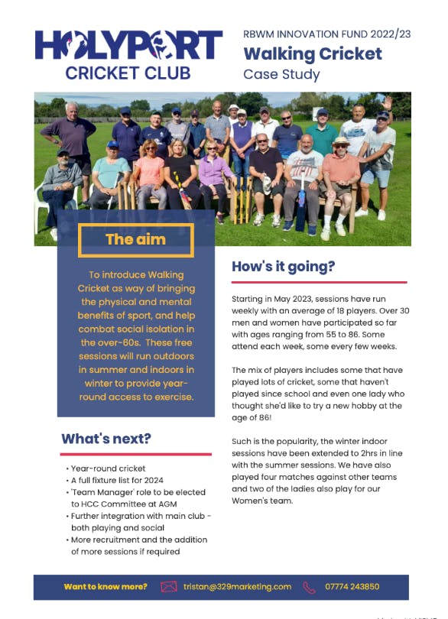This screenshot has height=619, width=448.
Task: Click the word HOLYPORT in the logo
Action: click(x=128, y=45)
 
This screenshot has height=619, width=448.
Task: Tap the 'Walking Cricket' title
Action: click(x=312, y=54)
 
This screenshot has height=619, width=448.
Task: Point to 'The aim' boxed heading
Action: click(x=135, y=239)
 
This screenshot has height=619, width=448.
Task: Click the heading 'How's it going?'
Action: click(x=283, y=267)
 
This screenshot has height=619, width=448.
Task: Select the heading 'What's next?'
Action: click(x=106, y=439)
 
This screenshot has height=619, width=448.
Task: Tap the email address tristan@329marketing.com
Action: click(x=237, y=587)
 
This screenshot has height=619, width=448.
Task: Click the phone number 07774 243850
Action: click(x=352, y=587)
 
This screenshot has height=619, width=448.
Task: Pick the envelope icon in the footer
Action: click(x=168, y=587)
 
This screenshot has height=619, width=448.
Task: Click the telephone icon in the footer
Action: click(x=310, y=587)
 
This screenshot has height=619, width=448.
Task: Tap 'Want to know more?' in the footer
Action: click(x=106, y=587)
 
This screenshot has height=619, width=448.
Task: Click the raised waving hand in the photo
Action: click(x=388, y=102)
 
